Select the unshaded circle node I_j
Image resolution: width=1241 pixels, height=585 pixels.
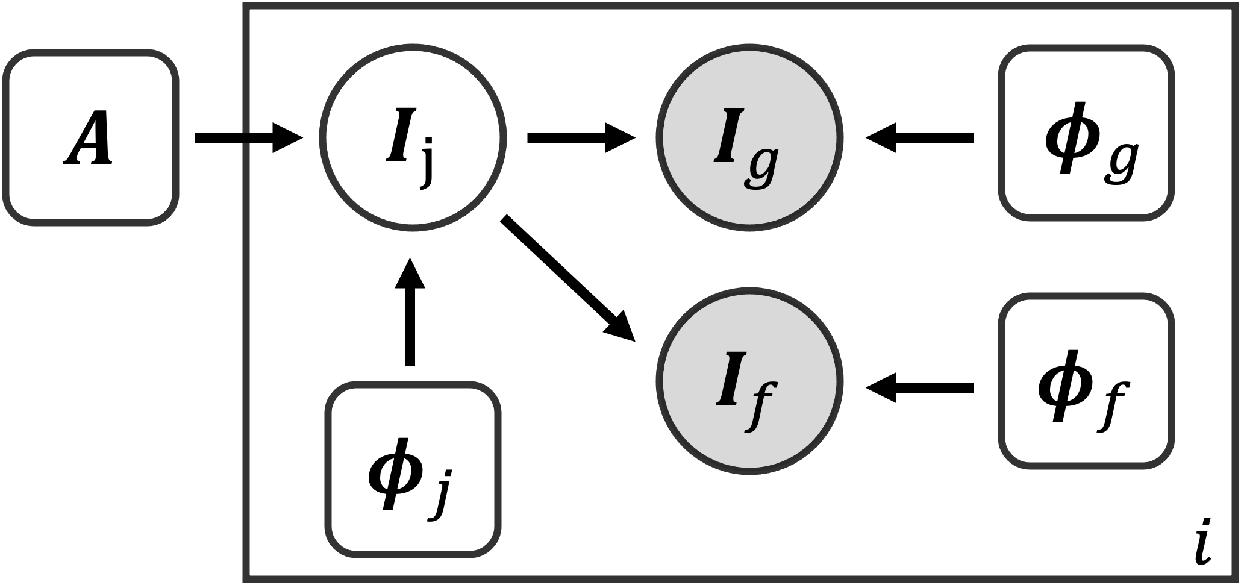pyautogui.click(x=410, y=138)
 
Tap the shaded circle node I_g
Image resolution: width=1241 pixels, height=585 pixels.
pyautogui.click(x=749, y=138)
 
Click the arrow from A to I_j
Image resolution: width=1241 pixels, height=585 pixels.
pyautogui.click(x=247, y=138)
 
